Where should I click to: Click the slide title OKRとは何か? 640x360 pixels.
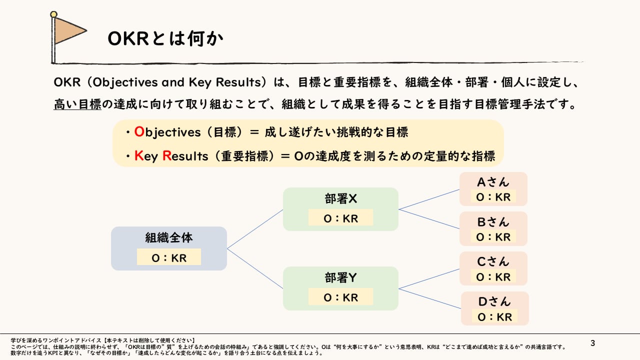165,39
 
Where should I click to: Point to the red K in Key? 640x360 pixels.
138,156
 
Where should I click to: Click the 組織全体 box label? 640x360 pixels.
169,237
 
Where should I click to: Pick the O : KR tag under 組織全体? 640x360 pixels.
169,257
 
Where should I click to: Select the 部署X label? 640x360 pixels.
340,199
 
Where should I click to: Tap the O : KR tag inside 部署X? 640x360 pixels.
340,218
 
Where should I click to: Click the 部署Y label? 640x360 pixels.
340,278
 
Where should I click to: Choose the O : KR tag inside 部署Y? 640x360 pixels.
340,297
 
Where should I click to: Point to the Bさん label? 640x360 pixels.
493,221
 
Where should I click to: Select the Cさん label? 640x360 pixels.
493,261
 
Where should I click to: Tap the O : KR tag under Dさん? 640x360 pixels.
494,317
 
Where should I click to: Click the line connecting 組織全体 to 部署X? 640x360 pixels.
255,229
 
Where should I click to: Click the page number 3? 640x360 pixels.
593,343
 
